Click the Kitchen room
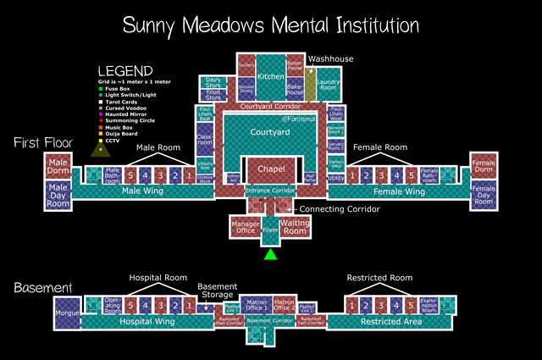(271, 76)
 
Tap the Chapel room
(270, 171)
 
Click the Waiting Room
(295, 226)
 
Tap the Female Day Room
(483, 195)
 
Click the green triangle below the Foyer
(270, 254)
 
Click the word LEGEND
(125, 71)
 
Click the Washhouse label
(330, 58)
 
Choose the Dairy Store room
(213, 83)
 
